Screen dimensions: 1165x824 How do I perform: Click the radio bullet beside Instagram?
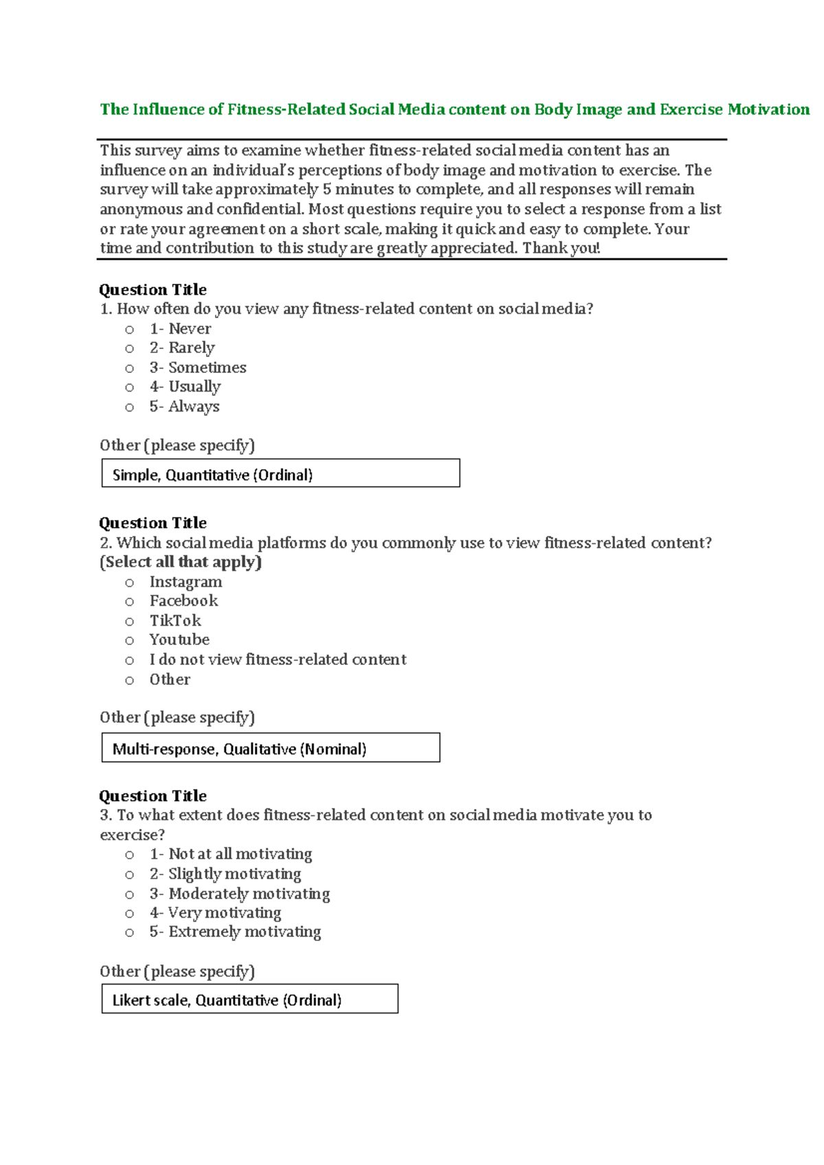pyautogui.click(x=129, y=583)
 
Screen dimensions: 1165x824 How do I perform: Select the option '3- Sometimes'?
pyautogui.click(x=198, y=367)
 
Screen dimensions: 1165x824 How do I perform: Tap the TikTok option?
pyautogui.click(x=175, y=621)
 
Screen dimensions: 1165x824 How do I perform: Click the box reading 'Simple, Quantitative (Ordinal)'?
pyautogui.click(x=280, y=474)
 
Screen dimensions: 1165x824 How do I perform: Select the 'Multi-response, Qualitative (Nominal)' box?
pyautogui.click(x=271, y=748)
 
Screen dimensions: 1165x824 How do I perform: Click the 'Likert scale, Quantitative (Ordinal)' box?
pyautogui.click(x=249, y=999)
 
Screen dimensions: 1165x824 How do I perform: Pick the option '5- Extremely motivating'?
pyautogui.click(x=235, y=932)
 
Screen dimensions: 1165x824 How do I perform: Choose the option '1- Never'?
pyautogui.click(x=180, y=329)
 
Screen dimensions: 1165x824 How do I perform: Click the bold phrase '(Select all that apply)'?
pyautogui.click(x=181, y=562)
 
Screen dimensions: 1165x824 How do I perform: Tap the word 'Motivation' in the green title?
pyautogui.click(x=768, y=110)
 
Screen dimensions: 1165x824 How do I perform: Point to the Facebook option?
pyautogui.click(x=183, y=601)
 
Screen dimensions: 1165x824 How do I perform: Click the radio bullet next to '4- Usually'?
pyautogui.click(x=129, y=388)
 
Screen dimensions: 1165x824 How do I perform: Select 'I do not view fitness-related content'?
pyautogui.click(x=277, y=660)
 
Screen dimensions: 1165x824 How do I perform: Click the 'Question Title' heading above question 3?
pyautogui.click(x=152, y=796)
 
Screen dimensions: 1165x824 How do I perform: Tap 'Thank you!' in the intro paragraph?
pyautogui.click(x=561, y=249)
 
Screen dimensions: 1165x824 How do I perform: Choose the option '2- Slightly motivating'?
pyautogui.click(x=225, y=874)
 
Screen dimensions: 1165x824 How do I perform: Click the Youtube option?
pyautogui.click(x=179, y=640)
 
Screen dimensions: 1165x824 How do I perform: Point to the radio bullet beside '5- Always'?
pyautogui.click(x=129, y=408)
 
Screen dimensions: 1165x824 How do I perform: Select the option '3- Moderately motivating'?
pyautogui.click(x=240, y=894)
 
